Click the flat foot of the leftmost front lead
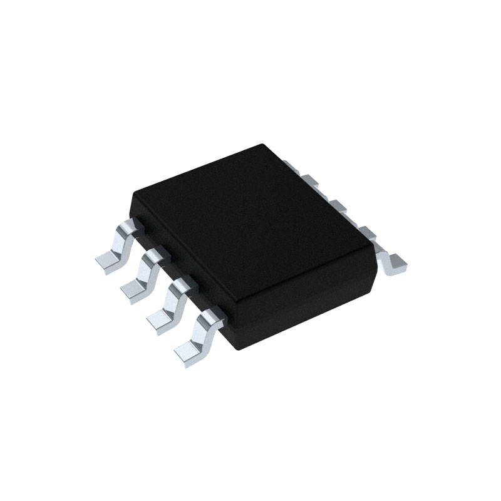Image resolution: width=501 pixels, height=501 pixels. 108,262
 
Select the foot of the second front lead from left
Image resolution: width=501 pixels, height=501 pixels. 133,289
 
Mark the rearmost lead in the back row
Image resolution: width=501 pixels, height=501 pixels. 289,165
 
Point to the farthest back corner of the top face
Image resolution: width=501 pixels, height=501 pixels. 266,145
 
